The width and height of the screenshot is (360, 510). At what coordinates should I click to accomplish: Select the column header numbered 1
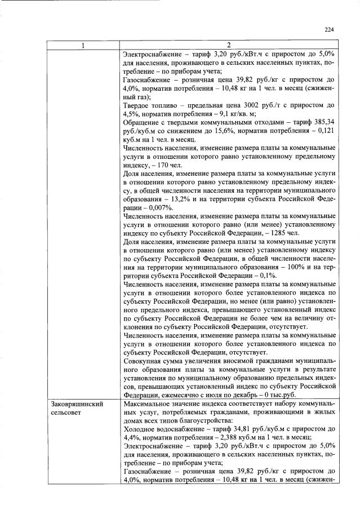coord(83,45)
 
